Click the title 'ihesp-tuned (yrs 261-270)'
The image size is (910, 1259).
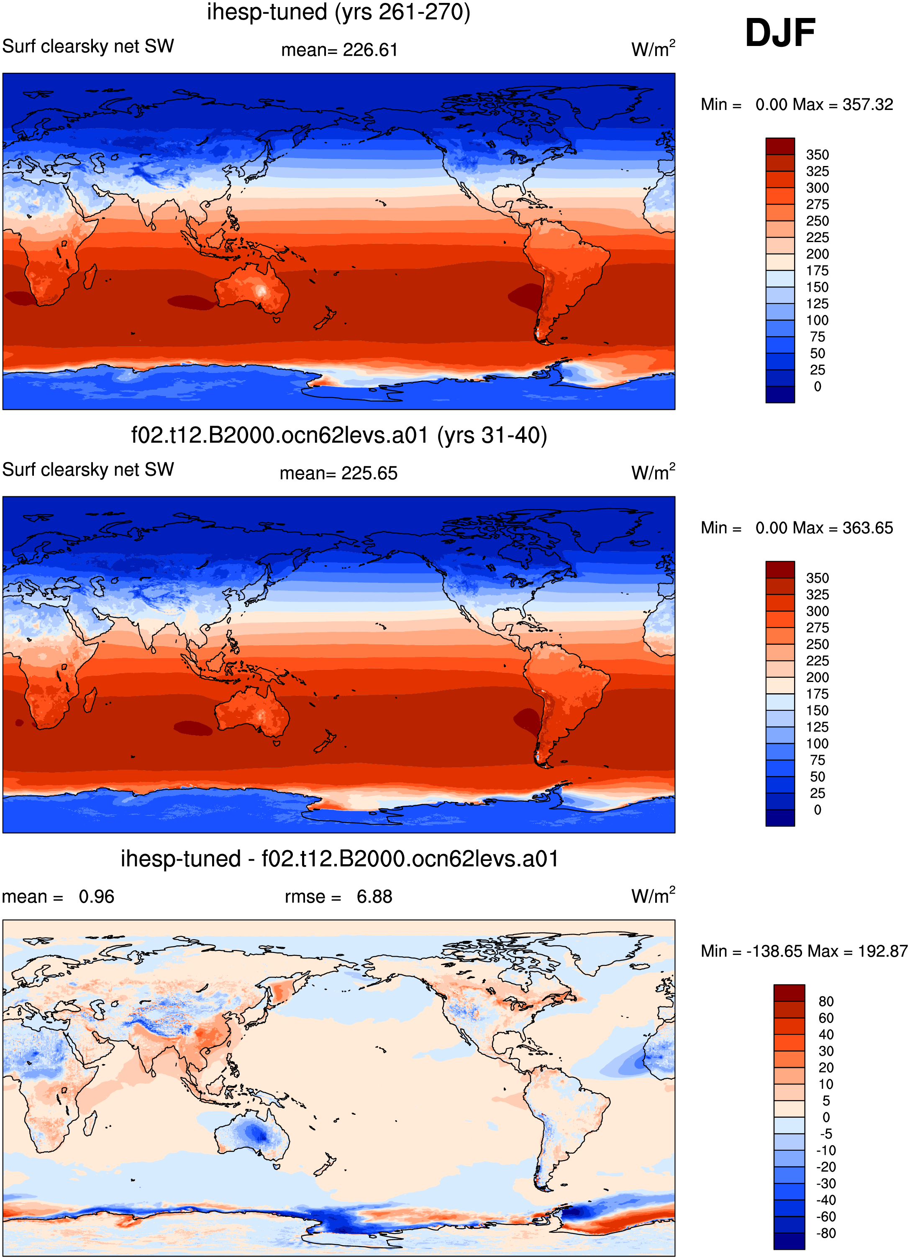(x=339, y=12)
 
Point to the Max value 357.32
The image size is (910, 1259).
(x=867, y=105)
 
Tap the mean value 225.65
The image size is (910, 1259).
(x=369, y=473)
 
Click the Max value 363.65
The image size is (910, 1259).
(x=867, y=528)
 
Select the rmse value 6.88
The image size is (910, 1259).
(x=374, y=896)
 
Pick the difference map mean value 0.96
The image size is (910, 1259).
(x=96, y=896)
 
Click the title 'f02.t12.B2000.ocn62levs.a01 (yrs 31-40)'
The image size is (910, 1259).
(x=339, y=436)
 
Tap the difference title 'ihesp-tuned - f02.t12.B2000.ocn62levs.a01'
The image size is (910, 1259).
(x=339, y=859)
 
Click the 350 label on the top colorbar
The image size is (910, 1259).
(x=817, y=155)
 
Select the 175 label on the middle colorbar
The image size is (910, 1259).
(x=817, y=694)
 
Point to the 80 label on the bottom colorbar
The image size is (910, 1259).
(x=825, y=1001)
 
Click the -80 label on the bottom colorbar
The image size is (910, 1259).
(x=825, y=1233)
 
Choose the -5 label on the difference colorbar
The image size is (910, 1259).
(x=825, y=1134)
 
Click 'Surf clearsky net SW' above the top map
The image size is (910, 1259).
(x=88, y=46)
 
